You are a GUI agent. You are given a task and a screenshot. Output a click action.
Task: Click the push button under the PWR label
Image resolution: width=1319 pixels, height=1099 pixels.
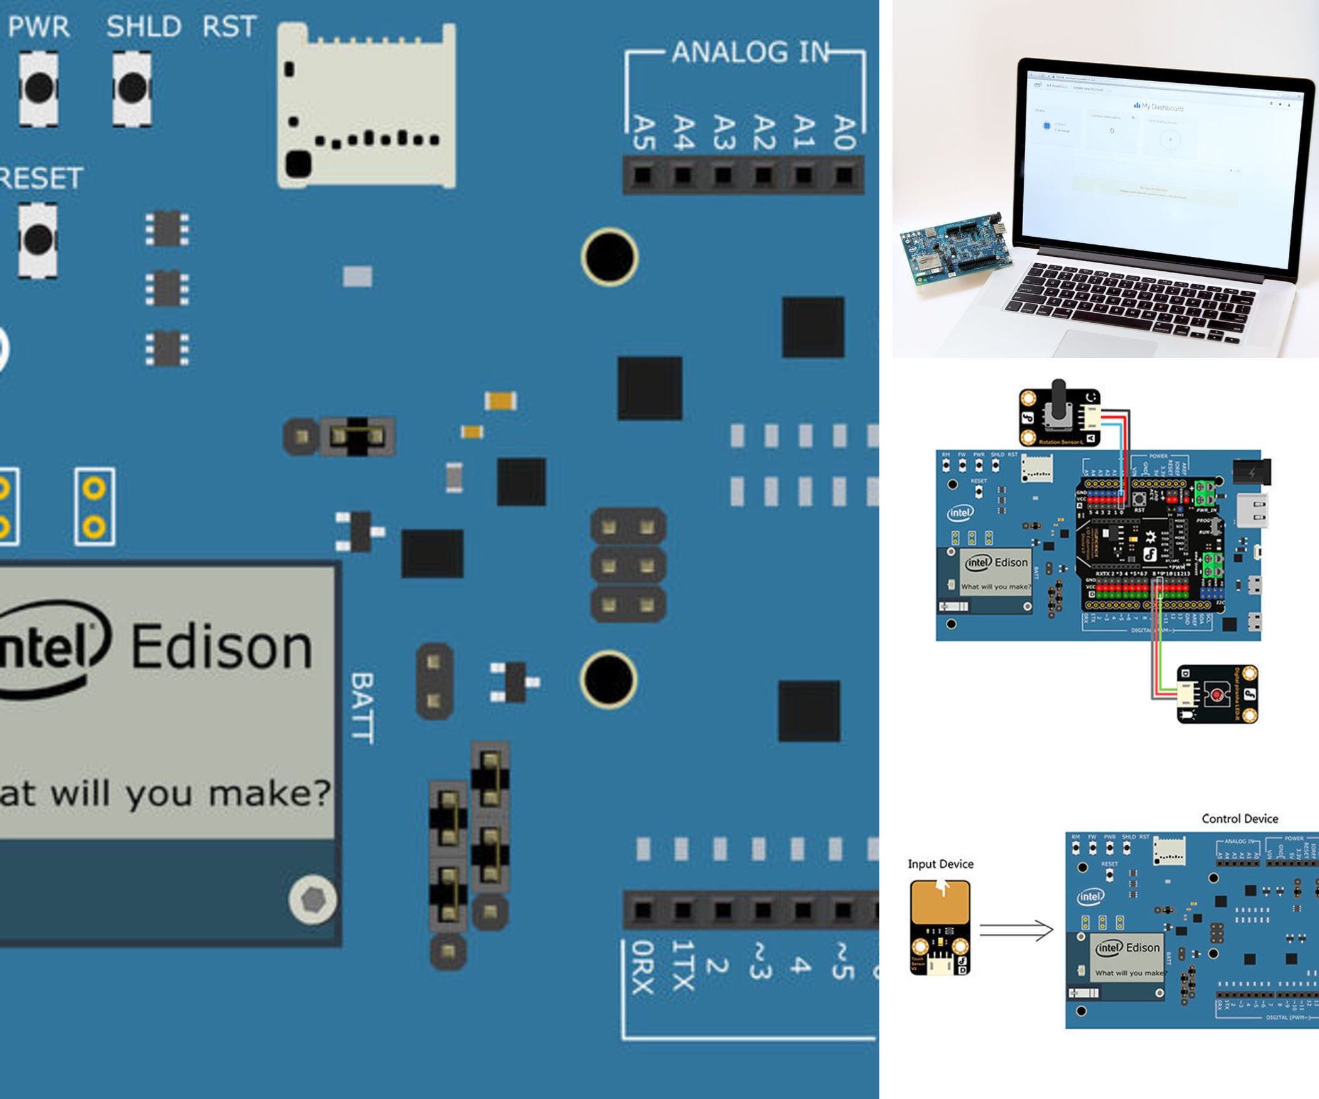[x=39, y=88]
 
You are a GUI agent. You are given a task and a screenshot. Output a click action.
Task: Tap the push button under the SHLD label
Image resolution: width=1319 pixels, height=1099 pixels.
[x=133, y=88]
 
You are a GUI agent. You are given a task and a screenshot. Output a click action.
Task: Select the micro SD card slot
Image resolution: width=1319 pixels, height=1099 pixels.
[x=366, y=106]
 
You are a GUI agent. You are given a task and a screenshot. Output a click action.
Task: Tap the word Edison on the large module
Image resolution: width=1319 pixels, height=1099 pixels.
[x=222, y=646]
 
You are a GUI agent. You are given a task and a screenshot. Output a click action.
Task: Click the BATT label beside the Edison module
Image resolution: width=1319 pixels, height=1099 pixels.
[x=362, y=708]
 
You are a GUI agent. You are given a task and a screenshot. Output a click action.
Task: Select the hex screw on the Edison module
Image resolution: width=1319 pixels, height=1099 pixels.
[x=312, y=900]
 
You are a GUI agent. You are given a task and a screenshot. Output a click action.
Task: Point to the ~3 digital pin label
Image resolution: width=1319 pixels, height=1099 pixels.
[x=760, y=961]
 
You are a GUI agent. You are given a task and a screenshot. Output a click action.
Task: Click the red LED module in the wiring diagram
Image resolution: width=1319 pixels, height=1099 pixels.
[x=1217, y=694]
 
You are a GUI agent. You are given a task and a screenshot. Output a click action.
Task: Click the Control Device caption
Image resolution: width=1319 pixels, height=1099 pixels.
[x=1239, y=819]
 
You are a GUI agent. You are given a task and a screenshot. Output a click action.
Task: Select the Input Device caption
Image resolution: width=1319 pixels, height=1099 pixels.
[x=940, y=864]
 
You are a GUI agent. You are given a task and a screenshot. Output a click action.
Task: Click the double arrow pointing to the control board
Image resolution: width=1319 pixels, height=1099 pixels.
[x=1016, y=930]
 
